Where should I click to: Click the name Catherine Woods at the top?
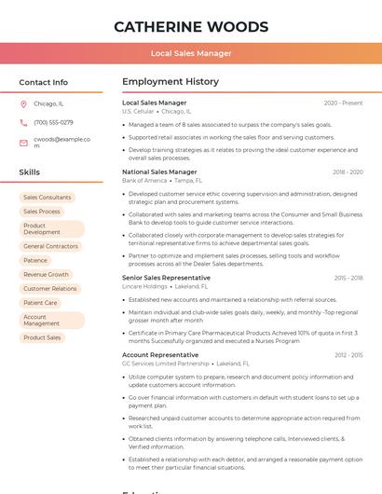tap(190, 26)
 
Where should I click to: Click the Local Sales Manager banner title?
tap(190, 53)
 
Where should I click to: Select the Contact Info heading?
tap(43, 82)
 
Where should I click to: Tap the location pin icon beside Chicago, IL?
tap(23, 104)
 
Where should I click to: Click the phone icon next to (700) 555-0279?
tap(23, 123)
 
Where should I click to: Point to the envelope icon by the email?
tap(23, 143)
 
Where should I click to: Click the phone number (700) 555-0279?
tap(53, 123)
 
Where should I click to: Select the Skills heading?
tap(29, 172)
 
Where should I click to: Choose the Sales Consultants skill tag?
tap(47, 198)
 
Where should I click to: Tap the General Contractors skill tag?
tap(50, 247)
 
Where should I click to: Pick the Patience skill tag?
tap(35, 261)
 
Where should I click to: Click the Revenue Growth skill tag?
tap(46, 275)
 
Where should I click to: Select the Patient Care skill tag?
tap(40, 303)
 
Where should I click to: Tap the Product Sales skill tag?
tap(42, 337)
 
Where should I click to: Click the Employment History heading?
tap(170, 82)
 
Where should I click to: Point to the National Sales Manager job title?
tap(159, 172)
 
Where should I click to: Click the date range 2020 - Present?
tap(343, 103)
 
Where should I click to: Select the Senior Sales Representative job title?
tap(166, 278)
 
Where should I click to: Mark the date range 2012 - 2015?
tap(348, 355)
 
